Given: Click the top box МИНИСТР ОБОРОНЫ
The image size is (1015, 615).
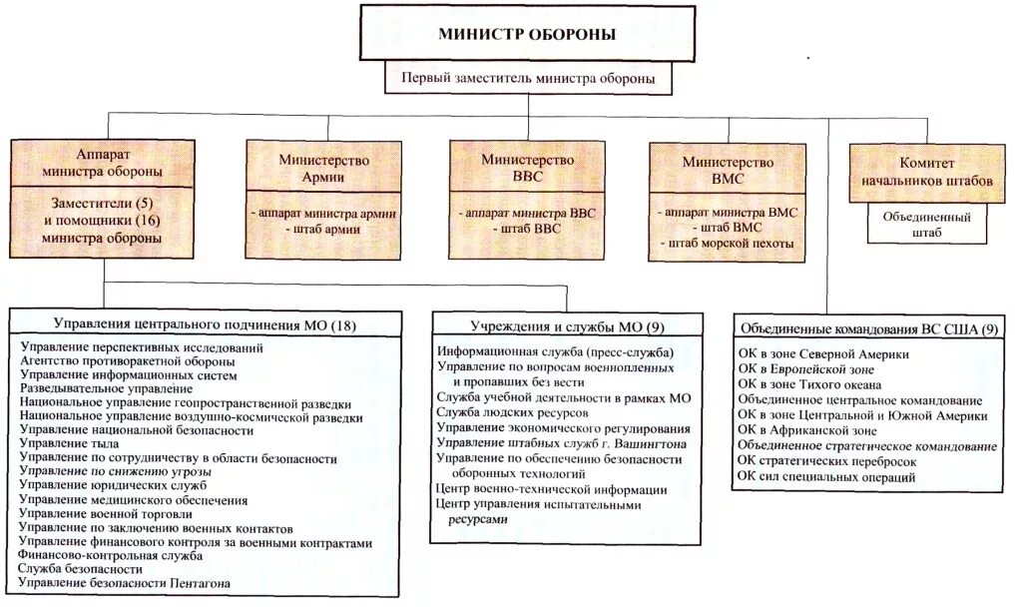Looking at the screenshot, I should [527, 34].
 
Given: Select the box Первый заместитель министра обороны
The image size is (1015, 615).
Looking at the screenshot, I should [529, 77].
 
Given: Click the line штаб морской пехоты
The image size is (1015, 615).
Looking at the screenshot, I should [727, 244].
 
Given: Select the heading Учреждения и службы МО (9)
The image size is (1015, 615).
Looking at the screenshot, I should [555, 325].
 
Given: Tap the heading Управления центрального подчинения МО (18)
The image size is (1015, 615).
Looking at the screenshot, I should [205, 325].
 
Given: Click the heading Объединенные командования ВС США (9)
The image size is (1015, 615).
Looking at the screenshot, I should [866, 328].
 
